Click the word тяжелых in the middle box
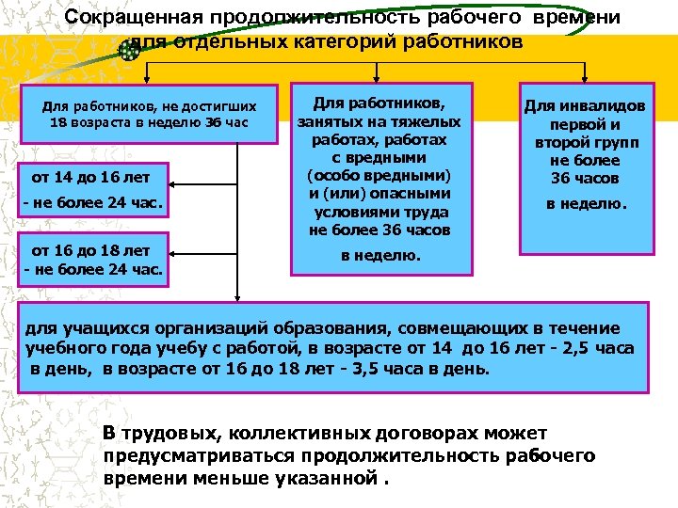[429, 121]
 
